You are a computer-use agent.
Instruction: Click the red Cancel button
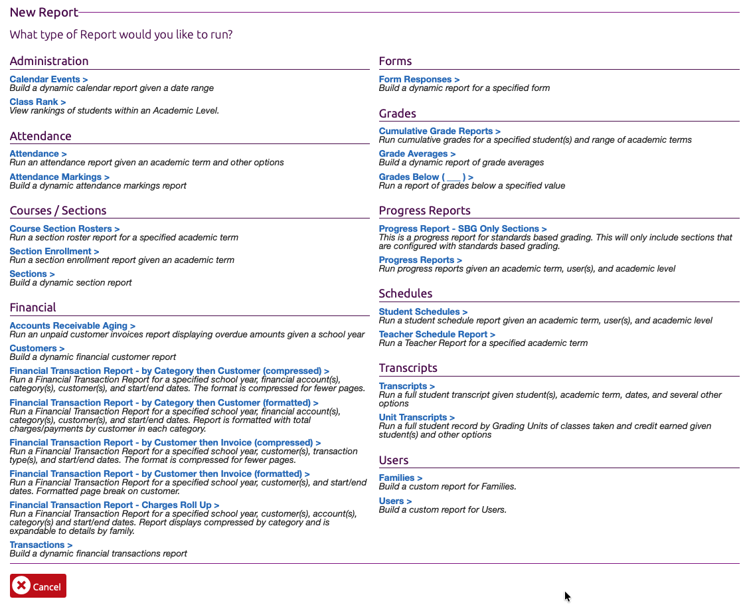coord(38,586)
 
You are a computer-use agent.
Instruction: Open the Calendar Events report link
coord(48,79)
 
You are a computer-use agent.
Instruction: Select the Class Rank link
coord(37,102)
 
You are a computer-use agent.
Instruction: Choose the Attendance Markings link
coord(59,177)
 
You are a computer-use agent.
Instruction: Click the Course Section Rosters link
coord(64,228)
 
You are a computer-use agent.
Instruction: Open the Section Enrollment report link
coord(54,251)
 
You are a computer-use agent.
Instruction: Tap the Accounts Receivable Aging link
coord(72,325)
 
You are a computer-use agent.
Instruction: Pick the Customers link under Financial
coord(37,348)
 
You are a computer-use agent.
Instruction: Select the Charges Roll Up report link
coord(114,505)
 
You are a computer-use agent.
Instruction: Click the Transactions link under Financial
coord(41,545)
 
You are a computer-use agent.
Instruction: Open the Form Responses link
coord(419,79)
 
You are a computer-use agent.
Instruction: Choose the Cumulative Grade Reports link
coord(440,131)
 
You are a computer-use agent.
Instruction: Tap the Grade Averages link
coord(417,153)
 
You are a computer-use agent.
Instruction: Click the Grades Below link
coord(426,177)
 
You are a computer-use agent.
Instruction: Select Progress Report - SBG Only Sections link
coord(463,228)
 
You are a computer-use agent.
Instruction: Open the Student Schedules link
coord(423,311)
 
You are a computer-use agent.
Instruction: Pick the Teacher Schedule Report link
coord(437,334)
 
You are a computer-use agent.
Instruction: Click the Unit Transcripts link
coord(416,417)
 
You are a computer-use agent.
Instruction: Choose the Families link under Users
coord(400,477)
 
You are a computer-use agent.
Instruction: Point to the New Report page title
coord(44,12)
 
